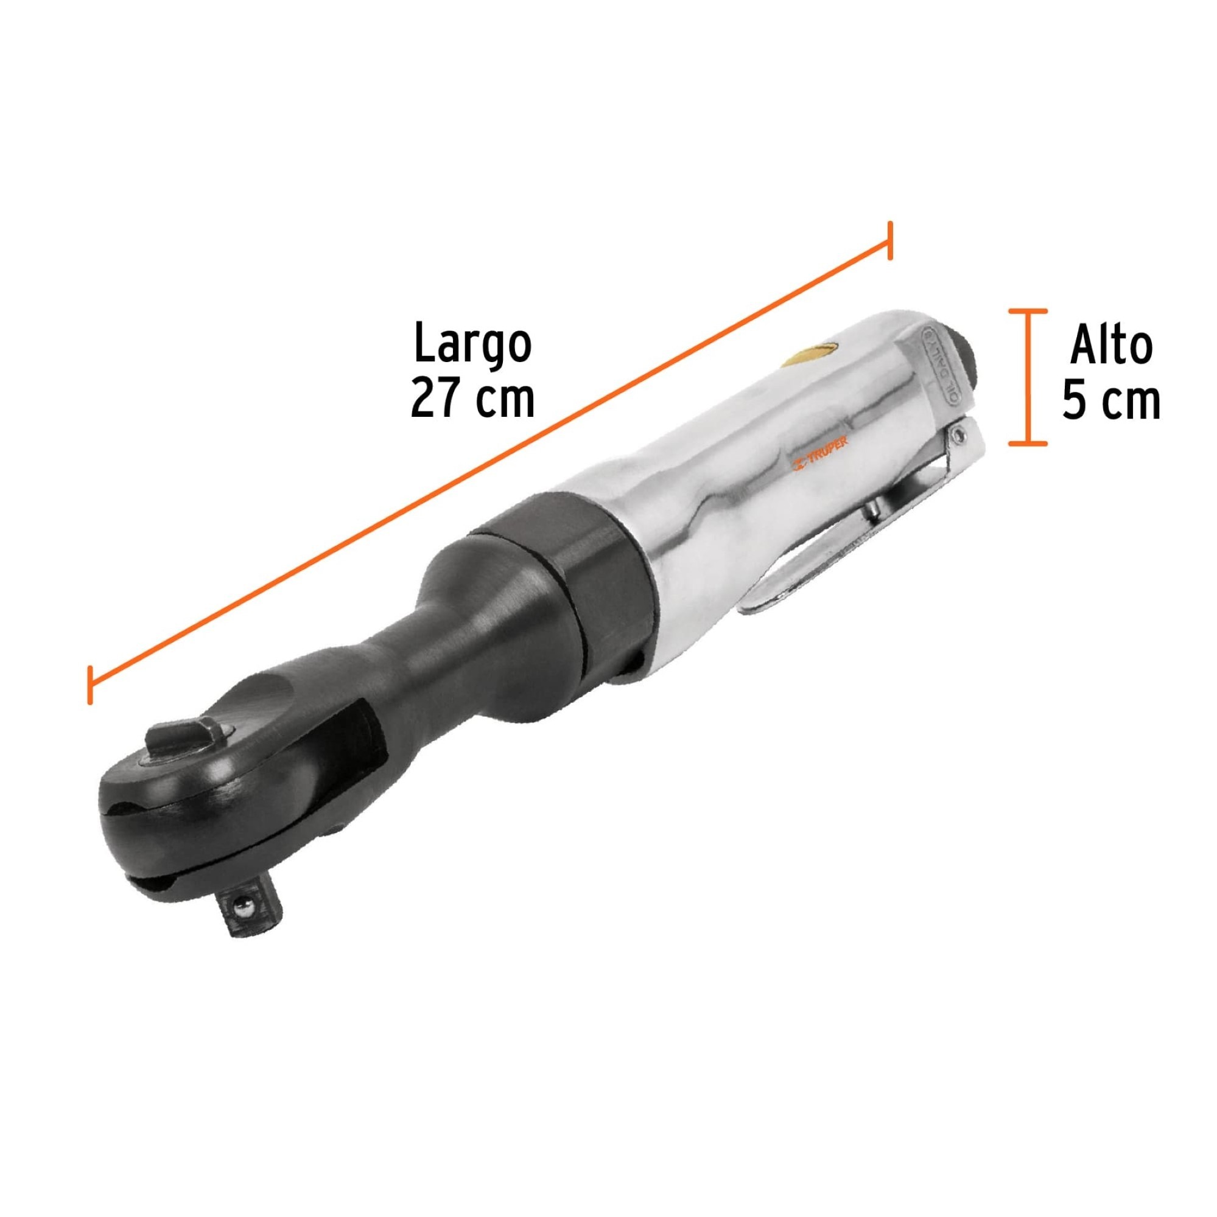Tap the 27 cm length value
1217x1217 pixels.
pos(472,399)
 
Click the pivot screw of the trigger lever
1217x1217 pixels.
pos(959,432)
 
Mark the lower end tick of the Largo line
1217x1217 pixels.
pos(91,685)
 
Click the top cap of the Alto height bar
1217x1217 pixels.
pos(1028,311)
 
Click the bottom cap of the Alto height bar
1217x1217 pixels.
pos(1028,444)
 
